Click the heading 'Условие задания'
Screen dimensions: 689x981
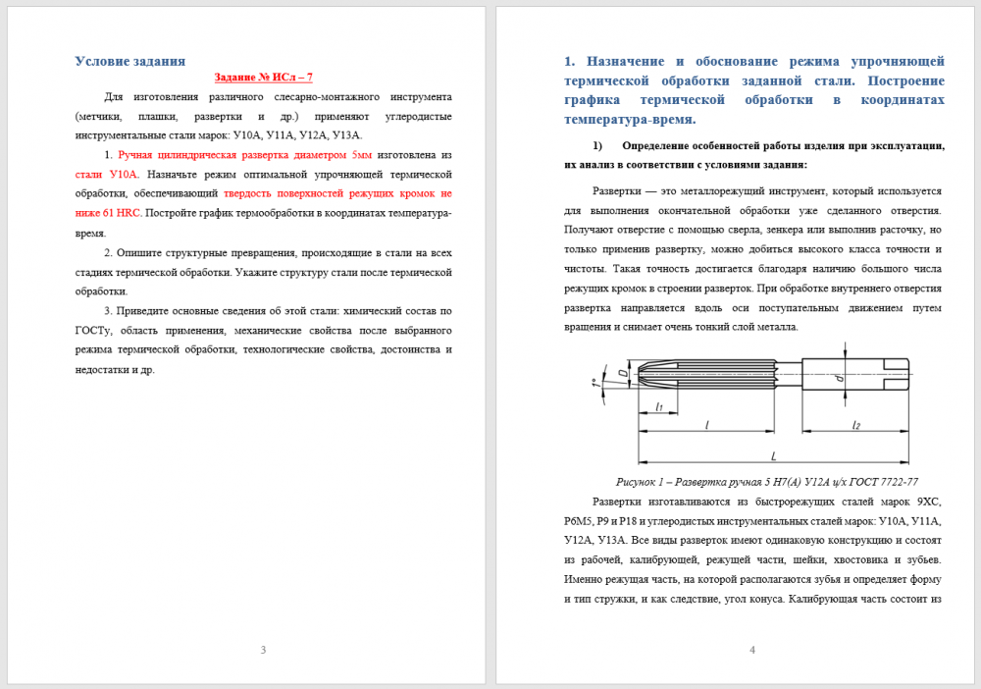(x=130, y=61)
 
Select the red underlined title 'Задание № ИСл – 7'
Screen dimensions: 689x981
(x=264, y=77)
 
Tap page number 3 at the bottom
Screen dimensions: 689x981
(x=263, y=650)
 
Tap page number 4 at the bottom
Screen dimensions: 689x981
(x=751, y=650)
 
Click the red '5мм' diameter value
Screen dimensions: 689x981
(x=361, y=155)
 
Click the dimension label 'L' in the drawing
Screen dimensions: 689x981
(x=773, y=455)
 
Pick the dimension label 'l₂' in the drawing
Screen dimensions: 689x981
(x=855, y=425)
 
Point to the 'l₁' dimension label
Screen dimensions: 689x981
(x=659, y=406)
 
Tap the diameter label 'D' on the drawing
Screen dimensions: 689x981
(x=623, y=373)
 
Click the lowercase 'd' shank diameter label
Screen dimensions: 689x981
(x=840, y=378)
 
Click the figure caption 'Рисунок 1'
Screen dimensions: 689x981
(x=645, y=482)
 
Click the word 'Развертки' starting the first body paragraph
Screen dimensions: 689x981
(x=621, y=190)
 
